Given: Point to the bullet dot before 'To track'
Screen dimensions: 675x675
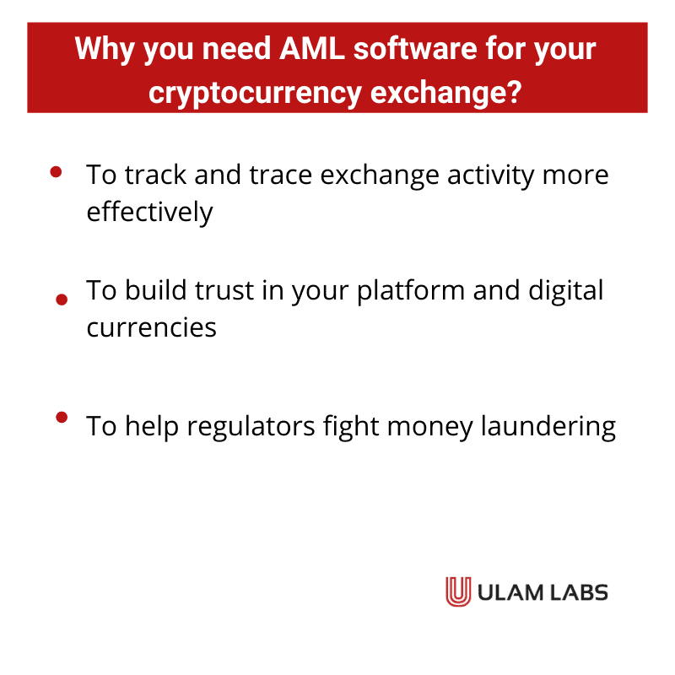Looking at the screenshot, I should (x=57, y=172).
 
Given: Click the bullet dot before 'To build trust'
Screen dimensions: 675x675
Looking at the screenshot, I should (x=60, y=299).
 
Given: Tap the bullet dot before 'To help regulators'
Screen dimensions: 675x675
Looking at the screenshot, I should (x=61, y=417).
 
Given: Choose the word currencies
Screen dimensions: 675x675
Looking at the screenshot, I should (x=152, y=327).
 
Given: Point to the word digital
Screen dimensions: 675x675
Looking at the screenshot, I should (x=566, y=292).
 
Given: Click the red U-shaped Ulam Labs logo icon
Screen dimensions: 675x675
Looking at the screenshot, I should (x=458, y=591).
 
